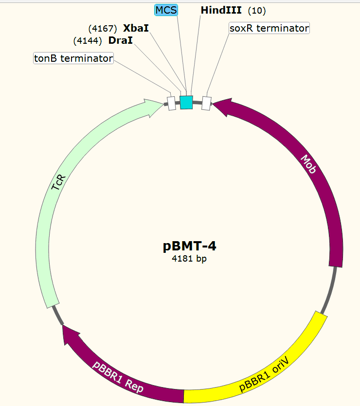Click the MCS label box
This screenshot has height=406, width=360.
166,10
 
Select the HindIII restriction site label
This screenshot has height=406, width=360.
221,10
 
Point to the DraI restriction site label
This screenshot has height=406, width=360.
121,41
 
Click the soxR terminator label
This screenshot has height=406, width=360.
269,28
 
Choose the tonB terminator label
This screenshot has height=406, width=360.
73,58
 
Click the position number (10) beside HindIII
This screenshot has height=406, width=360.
257,11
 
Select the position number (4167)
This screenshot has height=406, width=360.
103,28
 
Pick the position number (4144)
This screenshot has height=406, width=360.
88,41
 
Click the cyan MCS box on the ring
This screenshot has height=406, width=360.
186,102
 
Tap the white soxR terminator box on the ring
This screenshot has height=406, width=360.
206,103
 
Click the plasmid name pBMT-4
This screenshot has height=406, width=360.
190,246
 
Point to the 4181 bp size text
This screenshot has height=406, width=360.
190,259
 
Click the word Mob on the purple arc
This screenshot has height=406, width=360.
308,165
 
